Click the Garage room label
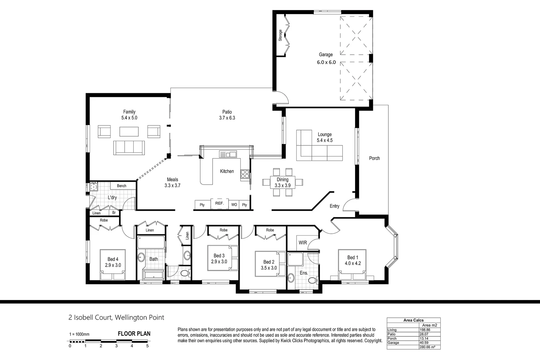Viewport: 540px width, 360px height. pos(326,55)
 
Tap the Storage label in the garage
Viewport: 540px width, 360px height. pos(280,35)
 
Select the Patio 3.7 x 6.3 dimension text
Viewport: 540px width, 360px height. pos(227,118)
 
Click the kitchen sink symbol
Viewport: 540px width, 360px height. pos(228,154)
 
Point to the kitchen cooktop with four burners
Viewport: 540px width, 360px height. pos(245,174)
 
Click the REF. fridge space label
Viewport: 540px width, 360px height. pos(219,203)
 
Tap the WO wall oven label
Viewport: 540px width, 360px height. pos(234,205)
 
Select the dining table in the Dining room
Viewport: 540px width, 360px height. pos(282,182)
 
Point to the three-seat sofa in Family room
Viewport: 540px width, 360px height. pos(129,147)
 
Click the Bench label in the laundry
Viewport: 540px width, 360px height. pos(122,186)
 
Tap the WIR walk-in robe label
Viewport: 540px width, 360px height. pos(303,243)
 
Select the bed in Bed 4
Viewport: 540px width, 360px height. pos(113,265)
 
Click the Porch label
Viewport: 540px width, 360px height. pos(374,158)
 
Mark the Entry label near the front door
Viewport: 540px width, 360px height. pos(334,206)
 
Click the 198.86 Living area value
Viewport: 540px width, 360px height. pos(425,330)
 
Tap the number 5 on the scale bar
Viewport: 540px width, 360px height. pos(147,346)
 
